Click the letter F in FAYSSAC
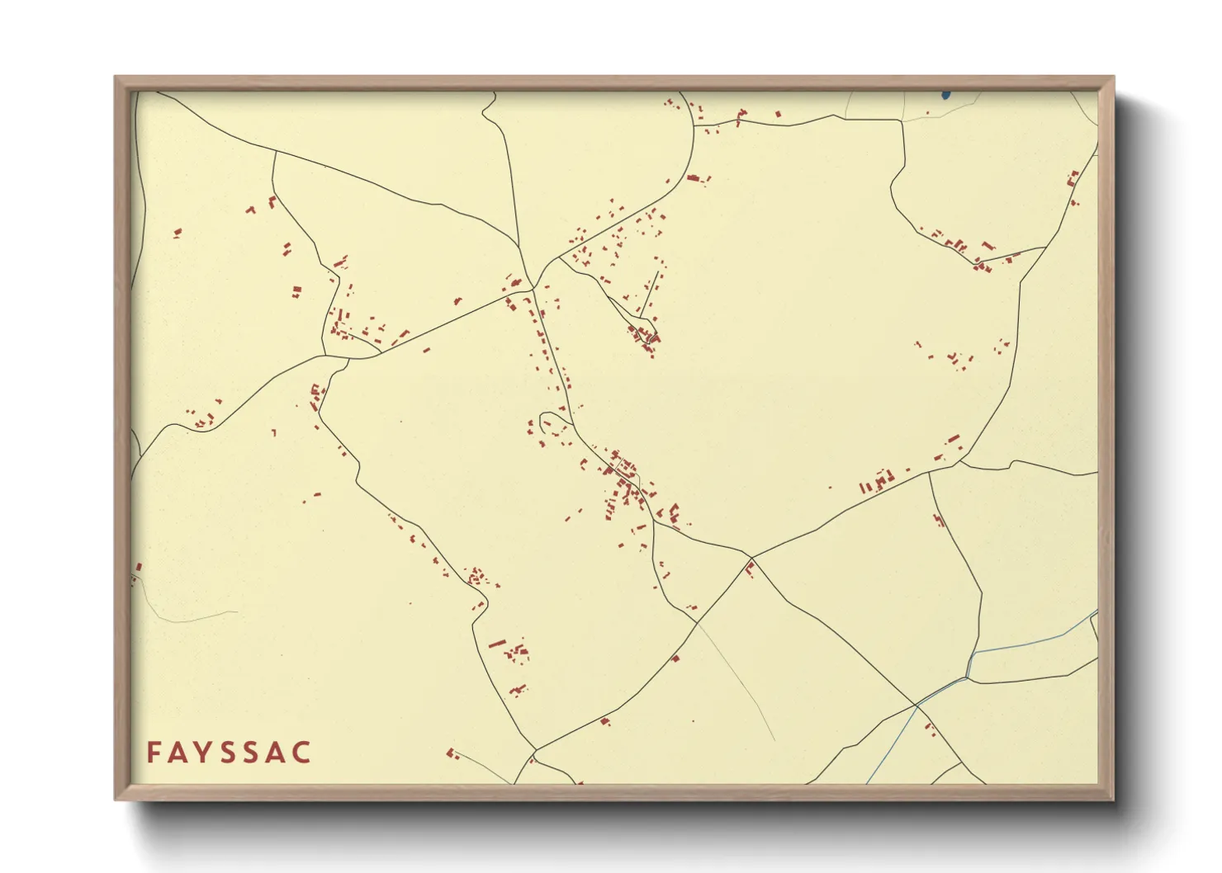click(x=154, y=753)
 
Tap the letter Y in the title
click(x=205, y=753)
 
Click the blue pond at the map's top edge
click(x=945, y=95)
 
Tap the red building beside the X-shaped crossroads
click(x=750, y=568)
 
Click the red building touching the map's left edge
click(x=139, y=568)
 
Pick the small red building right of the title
click(x=451, y=753)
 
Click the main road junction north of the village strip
click(x=535, y=288)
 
